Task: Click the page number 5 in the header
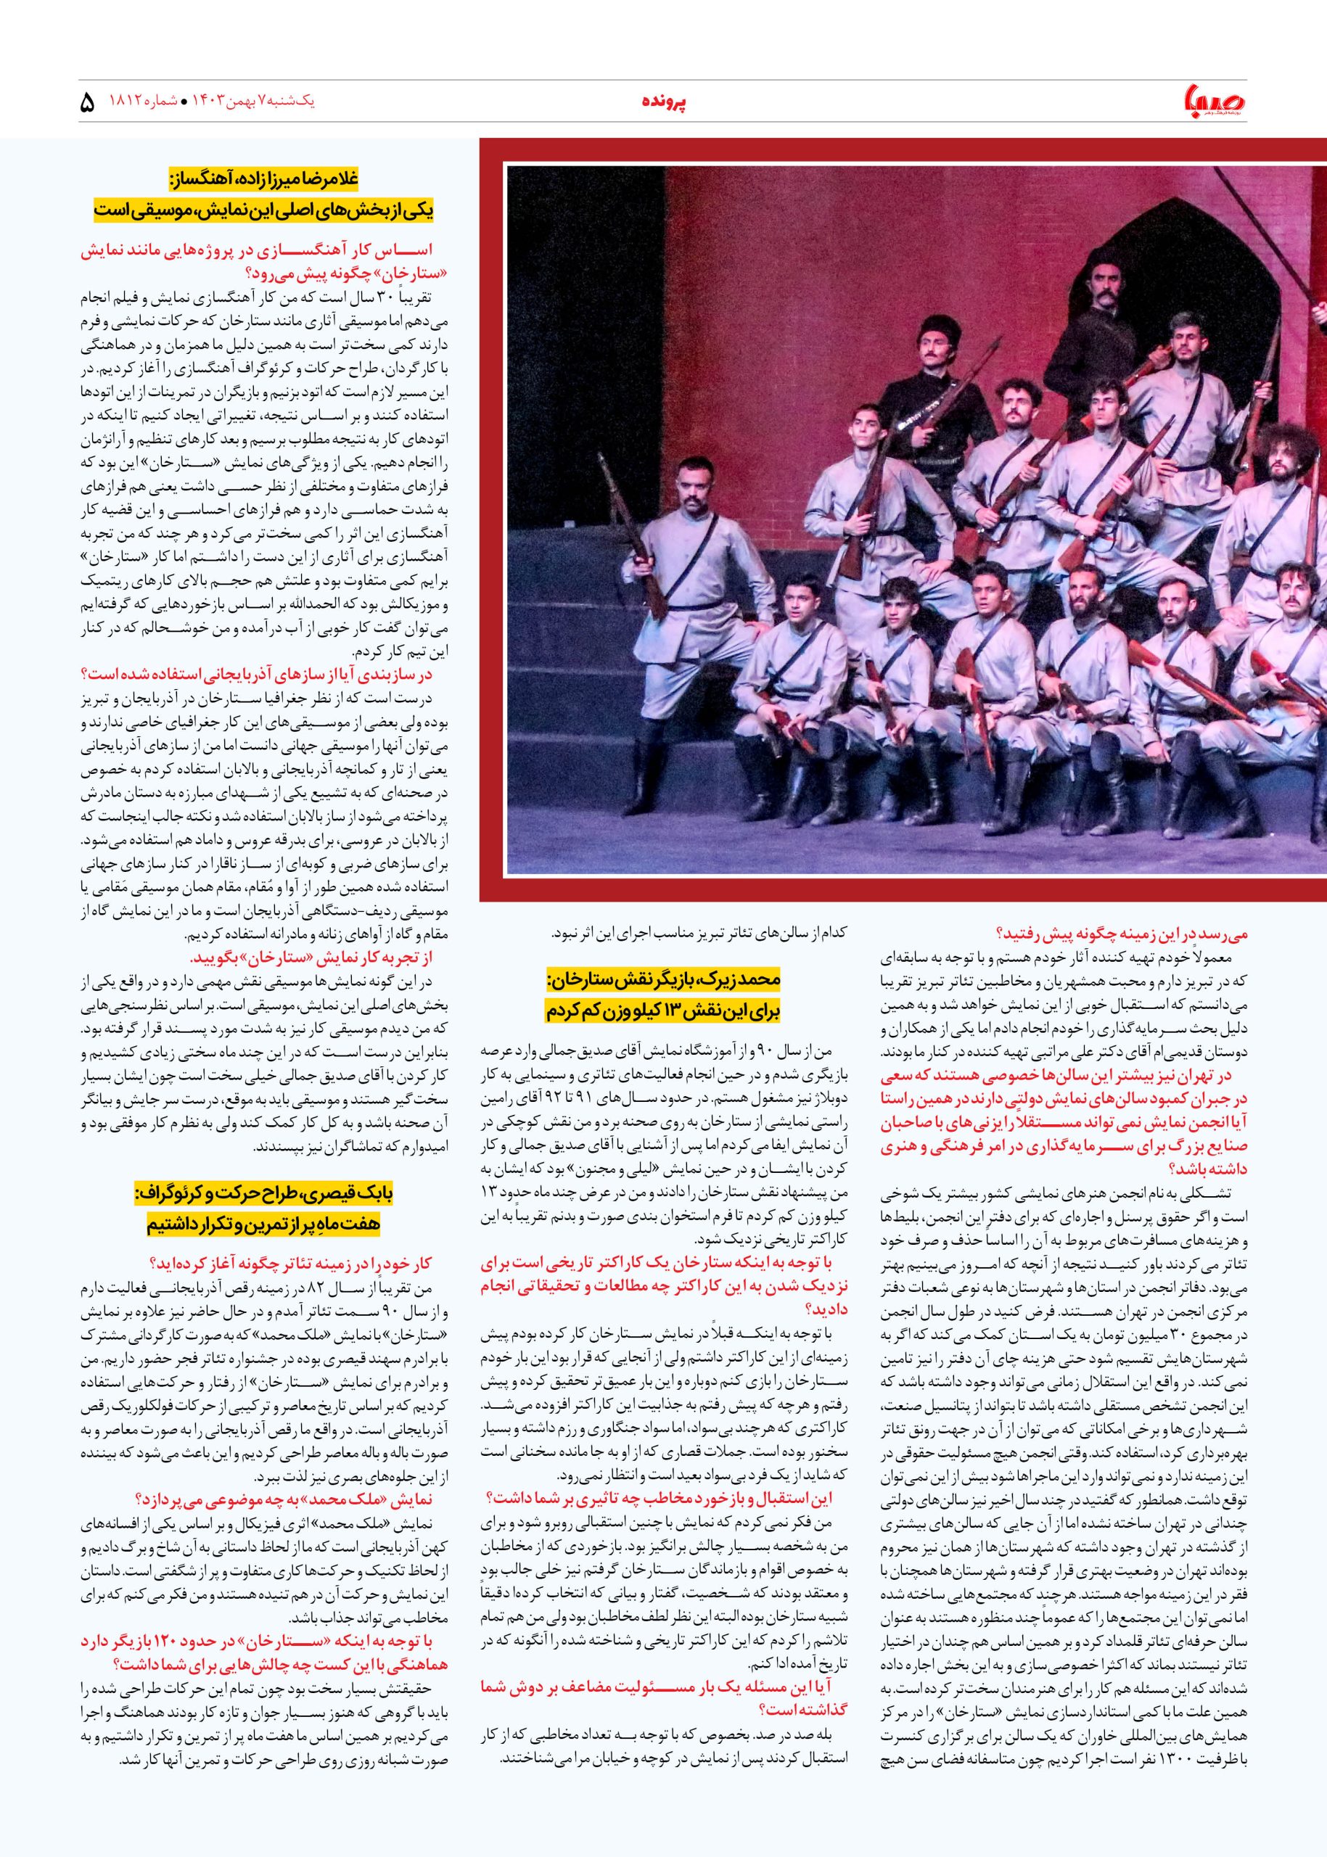pyautogui.click(x=88, y=103)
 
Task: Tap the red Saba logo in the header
pyautogui.click(x=1212, y=104)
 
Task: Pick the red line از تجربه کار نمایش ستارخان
pyautogui.click(x=311, y=957)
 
